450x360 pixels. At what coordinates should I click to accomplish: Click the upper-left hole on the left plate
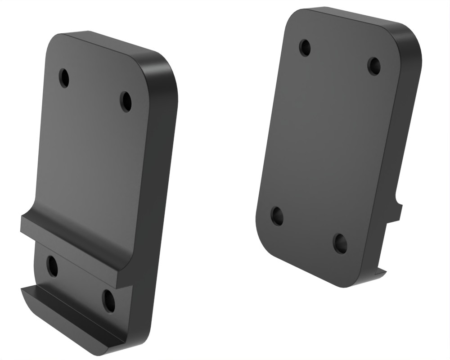click(64, 78)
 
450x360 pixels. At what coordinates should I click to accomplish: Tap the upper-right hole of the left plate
click(126, 101)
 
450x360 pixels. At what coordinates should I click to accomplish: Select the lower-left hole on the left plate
click(53, 266)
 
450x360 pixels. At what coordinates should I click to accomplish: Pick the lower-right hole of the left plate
click(108, 301)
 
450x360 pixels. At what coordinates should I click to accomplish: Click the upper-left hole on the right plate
click(305, 47)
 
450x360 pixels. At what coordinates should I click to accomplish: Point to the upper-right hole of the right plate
click(373, 66)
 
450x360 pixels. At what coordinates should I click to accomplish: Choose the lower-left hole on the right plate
click(277, 216)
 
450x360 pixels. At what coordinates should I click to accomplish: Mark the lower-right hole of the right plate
click(340, 243)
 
